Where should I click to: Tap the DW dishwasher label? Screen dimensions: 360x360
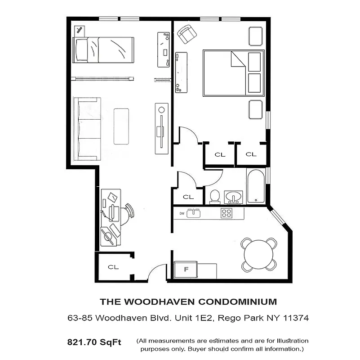coord(182,213)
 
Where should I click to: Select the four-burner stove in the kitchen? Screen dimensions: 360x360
coord(226,213)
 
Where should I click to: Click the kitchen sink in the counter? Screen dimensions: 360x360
coord(194,213)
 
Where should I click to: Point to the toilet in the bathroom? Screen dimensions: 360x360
coord(214,197)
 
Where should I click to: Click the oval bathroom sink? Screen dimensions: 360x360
coord(233,197)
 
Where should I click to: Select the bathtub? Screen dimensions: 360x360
coord(256,186)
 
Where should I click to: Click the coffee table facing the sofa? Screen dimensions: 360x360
coord(121,126)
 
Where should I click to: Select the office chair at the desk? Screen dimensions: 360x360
coord(127,213)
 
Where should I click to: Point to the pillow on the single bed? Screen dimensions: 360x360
coord(81,50)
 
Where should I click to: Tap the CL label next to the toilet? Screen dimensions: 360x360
coord(188,197)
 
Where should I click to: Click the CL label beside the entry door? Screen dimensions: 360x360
coord(113,267)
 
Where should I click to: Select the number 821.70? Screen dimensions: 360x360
coord(84,342)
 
